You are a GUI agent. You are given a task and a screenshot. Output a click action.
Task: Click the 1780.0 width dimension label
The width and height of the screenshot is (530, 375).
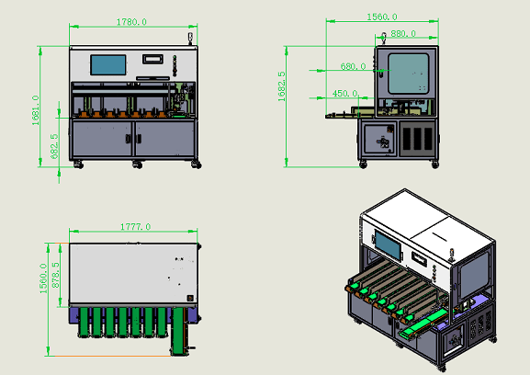point(131,22)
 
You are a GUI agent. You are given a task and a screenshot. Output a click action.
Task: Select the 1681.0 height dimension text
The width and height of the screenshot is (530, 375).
point(36,110)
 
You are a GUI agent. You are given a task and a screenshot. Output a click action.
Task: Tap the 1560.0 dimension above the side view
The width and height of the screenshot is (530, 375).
point(382,17)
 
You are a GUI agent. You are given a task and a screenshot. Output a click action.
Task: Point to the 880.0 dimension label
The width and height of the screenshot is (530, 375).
point(403,33)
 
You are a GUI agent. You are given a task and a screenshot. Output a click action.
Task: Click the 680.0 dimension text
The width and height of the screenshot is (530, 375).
point(353,66)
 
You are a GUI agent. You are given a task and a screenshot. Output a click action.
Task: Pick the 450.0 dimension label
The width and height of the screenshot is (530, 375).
point(345,94)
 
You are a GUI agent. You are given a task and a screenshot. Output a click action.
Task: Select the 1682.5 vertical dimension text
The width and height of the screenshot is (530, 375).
point(282,86)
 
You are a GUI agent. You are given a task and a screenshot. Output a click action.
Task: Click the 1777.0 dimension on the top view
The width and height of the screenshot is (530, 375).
point(136,226)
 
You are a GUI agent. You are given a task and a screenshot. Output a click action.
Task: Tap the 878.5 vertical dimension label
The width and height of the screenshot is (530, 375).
point(56,275)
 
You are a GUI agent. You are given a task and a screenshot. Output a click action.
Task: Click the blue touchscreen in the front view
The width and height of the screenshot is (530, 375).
point(108,65)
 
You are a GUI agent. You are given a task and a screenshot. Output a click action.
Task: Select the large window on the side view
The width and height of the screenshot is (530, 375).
point(409,74)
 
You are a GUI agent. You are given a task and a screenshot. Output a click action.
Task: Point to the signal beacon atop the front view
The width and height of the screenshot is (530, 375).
point(190,38)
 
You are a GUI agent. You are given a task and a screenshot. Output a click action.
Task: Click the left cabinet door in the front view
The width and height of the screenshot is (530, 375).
point(102,139)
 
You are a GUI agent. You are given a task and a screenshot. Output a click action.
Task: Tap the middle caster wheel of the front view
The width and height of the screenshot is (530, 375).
point(138,165)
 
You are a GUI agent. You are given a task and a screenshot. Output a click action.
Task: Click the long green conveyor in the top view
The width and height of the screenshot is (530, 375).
point(178,331)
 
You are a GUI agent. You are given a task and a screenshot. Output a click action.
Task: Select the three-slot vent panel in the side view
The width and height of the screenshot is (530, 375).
point(417,138)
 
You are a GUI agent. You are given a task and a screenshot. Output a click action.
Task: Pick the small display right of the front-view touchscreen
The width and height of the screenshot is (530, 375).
point(152,59)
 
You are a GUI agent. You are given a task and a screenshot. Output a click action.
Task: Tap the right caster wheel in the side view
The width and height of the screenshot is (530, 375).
point(435,165)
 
